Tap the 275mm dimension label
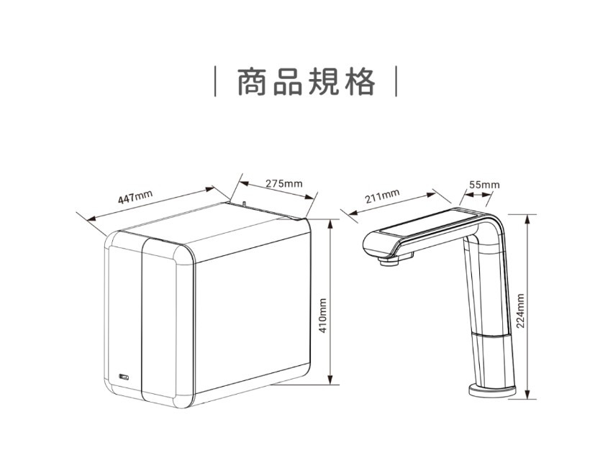283,183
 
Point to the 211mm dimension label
382,196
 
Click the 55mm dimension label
484,185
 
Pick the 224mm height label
519,310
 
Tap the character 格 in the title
360,82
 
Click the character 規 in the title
324,82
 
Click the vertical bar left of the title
217,82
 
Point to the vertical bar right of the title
395,82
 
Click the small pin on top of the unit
244,203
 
